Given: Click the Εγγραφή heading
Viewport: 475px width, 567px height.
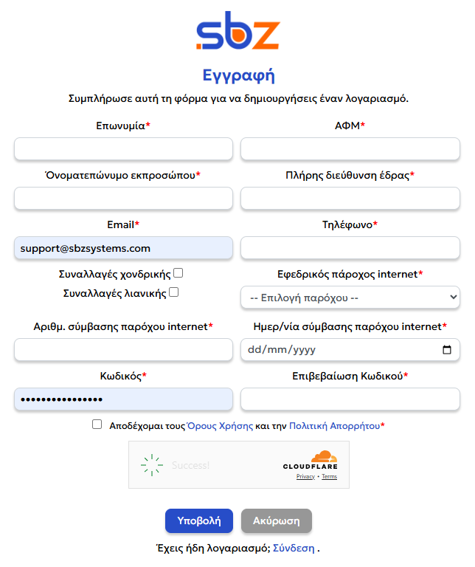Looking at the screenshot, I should [237, 75].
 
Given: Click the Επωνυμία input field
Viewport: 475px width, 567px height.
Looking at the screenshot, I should [123, 149].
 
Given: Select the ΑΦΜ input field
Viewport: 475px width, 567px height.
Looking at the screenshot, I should [350, 149].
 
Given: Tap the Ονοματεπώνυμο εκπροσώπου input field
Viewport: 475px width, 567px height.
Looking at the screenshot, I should [123, 199].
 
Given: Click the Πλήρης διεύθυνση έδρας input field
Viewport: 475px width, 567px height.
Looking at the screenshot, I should [350, 199].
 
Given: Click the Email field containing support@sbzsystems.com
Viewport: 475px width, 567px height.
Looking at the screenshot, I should [123, 248].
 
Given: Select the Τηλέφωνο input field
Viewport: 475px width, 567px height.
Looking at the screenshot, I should [350, 248].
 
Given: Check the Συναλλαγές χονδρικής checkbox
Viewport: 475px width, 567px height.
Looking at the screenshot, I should [178, 273].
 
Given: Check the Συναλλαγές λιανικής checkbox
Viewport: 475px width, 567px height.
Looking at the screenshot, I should [173, 292].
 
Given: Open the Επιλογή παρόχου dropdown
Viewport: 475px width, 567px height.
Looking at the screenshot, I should [350, 298].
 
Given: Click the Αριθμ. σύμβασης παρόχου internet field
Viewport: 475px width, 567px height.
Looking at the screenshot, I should [123, 349].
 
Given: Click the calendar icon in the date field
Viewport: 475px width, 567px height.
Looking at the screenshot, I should [447, 349].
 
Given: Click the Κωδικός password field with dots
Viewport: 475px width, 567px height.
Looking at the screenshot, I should [123, 399].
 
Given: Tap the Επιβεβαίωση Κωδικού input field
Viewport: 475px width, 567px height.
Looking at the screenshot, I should [350, 399].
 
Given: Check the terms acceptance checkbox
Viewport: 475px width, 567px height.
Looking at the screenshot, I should [97, 425].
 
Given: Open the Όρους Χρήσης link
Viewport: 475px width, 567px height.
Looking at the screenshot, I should [220, 426].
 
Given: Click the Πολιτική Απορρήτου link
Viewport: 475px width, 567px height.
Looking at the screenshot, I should [334, 426].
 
